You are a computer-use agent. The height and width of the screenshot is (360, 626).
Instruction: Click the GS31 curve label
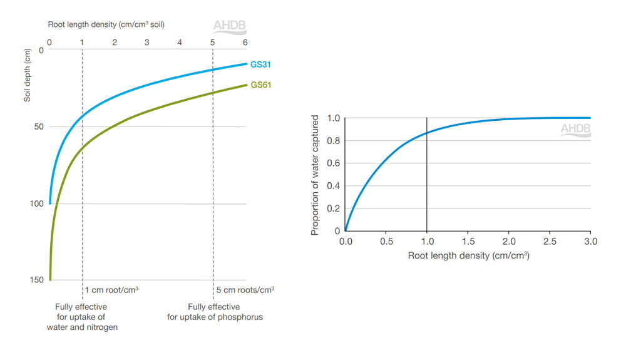[x=260, y=64]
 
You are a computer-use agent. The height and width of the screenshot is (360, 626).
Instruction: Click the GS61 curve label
[x=260, y=85]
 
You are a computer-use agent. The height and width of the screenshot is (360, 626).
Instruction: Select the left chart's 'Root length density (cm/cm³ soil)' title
[x=106, y=24]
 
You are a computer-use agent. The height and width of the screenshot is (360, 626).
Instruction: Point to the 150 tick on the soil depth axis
[x=37, y=280]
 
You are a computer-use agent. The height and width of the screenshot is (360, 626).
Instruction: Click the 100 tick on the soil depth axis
[x=37, y=203]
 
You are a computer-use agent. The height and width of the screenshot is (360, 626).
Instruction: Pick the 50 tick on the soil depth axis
[x=39, y=127]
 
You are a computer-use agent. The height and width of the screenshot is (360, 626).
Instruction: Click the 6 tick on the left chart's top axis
[x=245, y=43]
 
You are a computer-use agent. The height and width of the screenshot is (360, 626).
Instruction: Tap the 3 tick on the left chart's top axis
[x=147, y=43]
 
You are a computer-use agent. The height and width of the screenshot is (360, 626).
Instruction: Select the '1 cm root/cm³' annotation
[x=111, y=290]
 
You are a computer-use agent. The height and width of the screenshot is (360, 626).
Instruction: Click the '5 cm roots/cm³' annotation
[x=245, y=290]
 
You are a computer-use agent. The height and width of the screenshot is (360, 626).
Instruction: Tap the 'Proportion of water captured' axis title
[x=315, y=175]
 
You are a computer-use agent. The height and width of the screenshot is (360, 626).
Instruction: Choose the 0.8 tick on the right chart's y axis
[x=334, y=141]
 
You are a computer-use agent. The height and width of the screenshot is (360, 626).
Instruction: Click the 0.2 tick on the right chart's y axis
[x=334, y=208]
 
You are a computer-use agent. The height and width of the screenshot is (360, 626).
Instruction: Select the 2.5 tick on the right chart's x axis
[x=550, y=242]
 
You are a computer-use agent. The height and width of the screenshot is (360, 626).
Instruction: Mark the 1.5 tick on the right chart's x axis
[x=468, y=242]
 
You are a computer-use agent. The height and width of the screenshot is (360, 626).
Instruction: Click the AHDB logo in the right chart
[x=575, y=130]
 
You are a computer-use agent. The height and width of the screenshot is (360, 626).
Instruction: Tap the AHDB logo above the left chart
[x=230, y=27]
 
